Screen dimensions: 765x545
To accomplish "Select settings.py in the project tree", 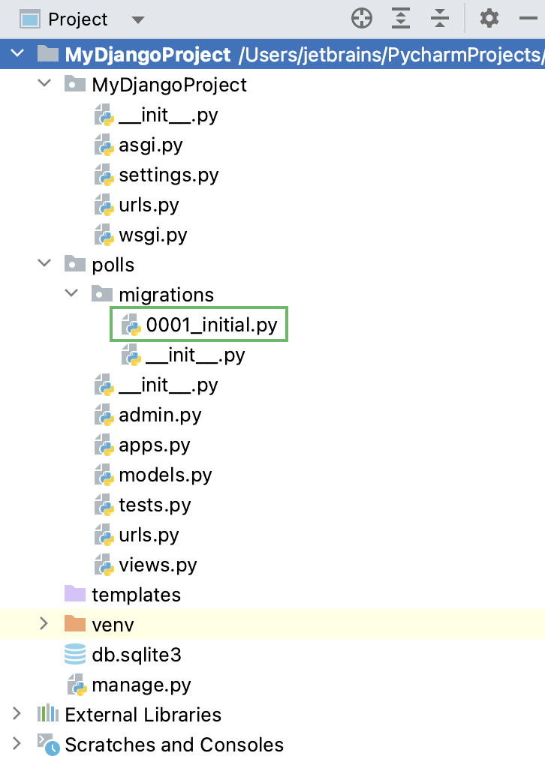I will coord(168,175).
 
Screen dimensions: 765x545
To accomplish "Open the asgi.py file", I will coord(150,145).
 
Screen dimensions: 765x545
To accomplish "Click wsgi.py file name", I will coord(152,235).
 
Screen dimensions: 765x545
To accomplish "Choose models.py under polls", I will coord(165,475).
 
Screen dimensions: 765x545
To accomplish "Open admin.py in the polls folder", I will coord(160,415).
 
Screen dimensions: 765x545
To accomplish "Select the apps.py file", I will coord(155,445).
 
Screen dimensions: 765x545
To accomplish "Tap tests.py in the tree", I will coord(155,505).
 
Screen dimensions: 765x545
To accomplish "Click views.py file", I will coord(158,565).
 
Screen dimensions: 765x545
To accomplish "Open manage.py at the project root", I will coord(141,685).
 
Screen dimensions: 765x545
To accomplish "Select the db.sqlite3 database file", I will coord(137,655).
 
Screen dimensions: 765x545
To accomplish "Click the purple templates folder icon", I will coord(75,594).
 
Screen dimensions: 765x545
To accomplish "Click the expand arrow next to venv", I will coord(44,624).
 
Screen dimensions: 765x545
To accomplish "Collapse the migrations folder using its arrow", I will coord(71,295).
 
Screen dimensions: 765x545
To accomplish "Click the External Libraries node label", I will coord(143,715).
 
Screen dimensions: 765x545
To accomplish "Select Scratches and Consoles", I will coord(174,745).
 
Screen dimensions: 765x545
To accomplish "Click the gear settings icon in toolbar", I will coord(489,19).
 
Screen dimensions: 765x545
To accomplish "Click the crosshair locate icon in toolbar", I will coord(362,19).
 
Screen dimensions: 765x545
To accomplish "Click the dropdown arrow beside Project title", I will coord(137,19).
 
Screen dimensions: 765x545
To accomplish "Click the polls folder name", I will coord(113,265).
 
